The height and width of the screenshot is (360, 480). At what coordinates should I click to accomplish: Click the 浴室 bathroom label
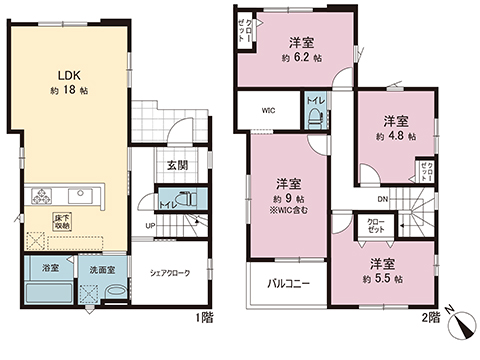click(x=50, y=269)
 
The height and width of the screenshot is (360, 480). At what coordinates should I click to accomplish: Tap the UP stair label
click(x=151, y=225)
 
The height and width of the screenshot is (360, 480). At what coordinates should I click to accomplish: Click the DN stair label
click(x=367, y=198)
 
